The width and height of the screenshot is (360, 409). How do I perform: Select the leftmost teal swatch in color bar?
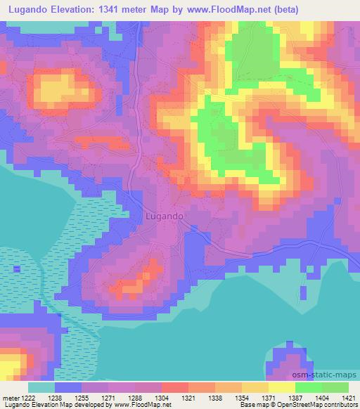(x=41, y=387)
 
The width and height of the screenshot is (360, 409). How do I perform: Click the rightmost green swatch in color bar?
(x=335, y=387)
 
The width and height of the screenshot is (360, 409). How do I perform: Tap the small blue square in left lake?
(x=17, y=269)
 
